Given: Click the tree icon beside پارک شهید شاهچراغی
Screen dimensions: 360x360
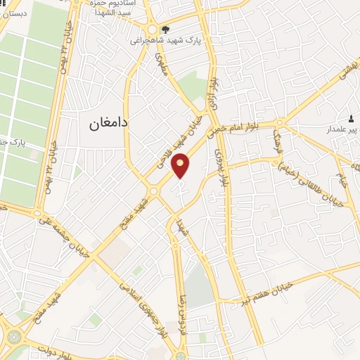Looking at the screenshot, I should tap(165, 29).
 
